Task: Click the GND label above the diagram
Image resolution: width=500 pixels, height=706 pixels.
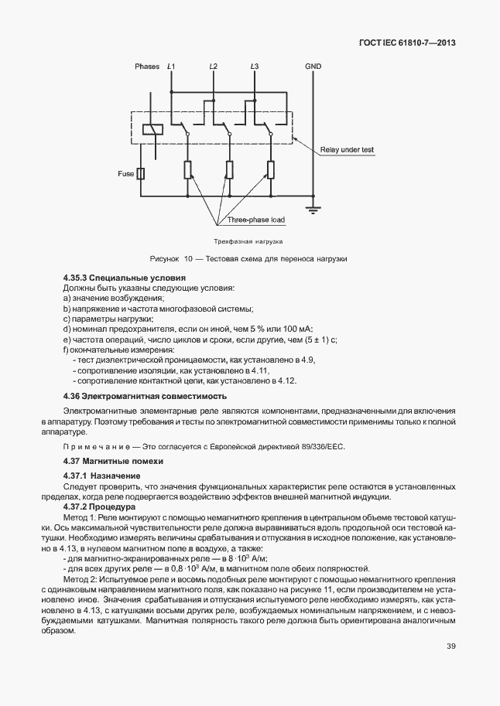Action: [x=313, y=67]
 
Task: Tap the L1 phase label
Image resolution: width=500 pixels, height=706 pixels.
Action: [x=171, y=67]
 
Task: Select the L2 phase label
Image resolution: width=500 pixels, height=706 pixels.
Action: [x=213, y=67]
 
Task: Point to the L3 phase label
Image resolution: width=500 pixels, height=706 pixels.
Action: [x=255, y=67]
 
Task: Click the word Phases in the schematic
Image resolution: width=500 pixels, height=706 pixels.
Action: [x=147, y=67]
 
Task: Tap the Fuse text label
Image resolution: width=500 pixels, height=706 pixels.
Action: [x=126, y=173]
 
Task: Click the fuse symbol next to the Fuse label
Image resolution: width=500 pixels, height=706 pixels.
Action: [x=141, y=173]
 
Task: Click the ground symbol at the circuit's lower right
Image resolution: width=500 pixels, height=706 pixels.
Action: [x=313, y=207]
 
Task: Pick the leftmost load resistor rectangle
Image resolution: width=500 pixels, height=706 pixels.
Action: [x=187, y=170]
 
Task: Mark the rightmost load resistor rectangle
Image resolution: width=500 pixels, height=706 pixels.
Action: [x=271, y=170]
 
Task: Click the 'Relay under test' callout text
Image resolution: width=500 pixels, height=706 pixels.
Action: [x=348, y=150]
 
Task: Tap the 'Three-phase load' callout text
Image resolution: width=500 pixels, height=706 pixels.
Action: [x=256, y=220]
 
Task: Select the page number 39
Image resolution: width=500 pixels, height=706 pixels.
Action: [x=450, y=647]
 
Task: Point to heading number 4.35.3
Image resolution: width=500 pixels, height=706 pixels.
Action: [x=75, y=278]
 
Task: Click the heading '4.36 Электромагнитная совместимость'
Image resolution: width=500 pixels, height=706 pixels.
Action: [x=133, y=397]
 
